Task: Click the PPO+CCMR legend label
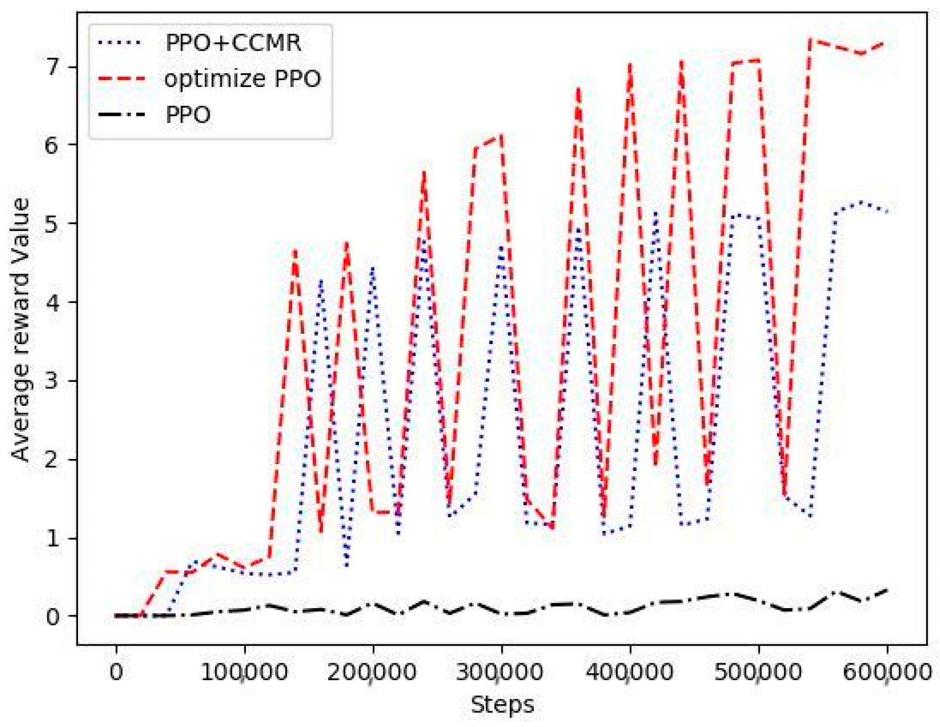point(233,43)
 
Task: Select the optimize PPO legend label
point(243,79)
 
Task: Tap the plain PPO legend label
point(188,115)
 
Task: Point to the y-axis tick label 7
point(53,67)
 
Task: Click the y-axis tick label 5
point(53,223)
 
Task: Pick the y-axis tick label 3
point(53,381)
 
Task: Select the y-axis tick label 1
point(53,539)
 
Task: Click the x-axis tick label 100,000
point(244,672)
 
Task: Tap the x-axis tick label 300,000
point(501,672)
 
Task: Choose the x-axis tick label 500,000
point(758,672)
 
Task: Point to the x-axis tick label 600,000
point(887,672)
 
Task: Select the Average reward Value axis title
point(21,330)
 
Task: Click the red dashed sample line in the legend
point(121,79)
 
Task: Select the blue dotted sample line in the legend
point(121,43)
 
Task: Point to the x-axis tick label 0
point(116,672)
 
